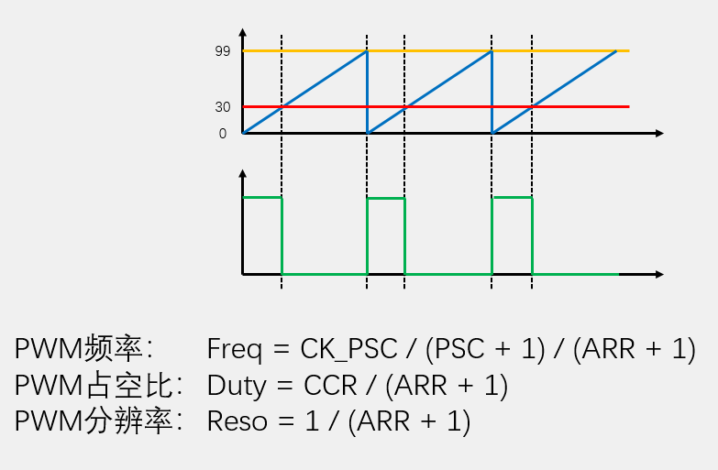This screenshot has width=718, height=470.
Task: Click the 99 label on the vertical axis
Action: click(x=222, y=51)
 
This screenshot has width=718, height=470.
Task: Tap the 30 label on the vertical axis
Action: click(x=222, y=107)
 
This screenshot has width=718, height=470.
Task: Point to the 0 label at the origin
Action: click(x=222, y=134)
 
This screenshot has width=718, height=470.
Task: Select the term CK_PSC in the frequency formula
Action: click(x=348, y=349)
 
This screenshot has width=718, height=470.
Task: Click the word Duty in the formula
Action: click(x=236, y=386)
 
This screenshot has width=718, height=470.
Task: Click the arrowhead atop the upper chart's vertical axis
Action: click(x=242, y=32)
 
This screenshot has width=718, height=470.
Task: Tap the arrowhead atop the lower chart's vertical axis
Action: click(x=242, y=173)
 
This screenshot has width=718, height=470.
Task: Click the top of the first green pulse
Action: click(x=261, y=197)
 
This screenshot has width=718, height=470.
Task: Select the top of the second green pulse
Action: click(x=385, y=197)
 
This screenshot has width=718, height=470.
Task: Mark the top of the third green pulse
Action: click(x=512, y=197)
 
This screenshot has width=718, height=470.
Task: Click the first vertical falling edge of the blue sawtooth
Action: click(x=367, y=92)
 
